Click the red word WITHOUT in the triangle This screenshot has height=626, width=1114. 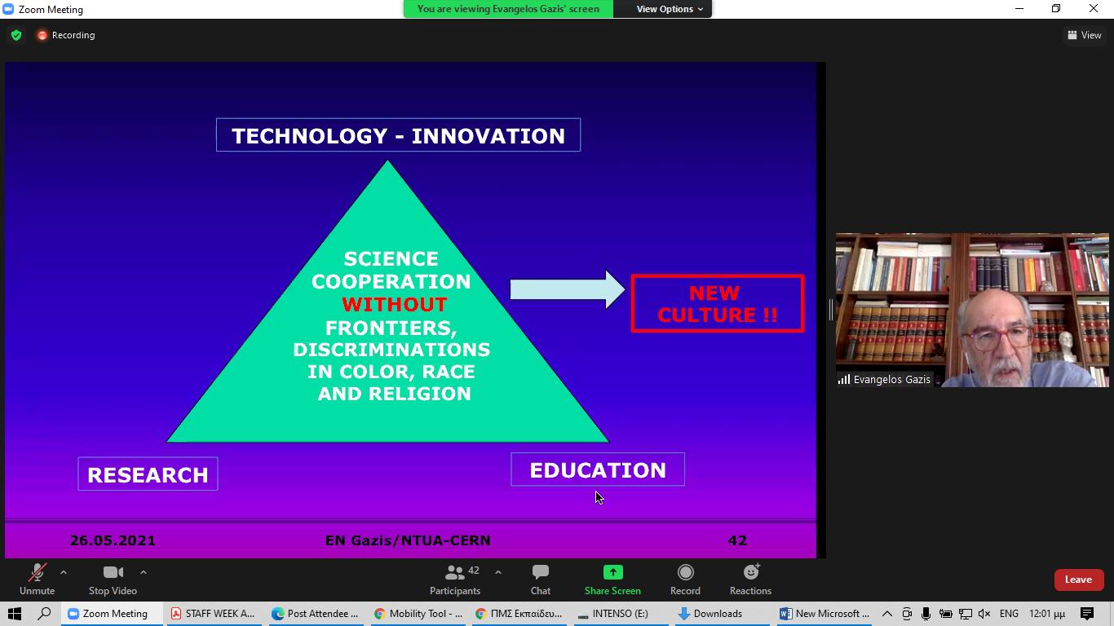395,304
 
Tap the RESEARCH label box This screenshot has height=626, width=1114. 148,474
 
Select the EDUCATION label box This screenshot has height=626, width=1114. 597,469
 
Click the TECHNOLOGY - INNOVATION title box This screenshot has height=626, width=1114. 398,134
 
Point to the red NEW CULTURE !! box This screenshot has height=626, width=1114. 717,303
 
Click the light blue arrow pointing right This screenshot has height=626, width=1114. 568,289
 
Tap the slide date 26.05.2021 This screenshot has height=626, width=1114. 113,540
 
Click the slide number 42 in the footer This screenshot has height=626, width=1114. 737,540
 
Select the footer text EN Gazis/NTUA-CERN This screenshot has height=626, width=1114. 408,540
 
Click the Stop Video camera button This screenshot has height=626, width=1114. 113,580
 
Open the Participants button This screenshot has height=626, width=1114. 455,580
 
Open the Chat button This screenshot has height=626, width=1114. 541,580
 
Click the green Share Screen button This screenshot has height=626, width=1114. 612,580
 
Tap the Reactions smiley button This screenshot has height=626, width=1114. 750,580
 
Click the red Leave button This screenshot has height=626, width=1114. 1078,580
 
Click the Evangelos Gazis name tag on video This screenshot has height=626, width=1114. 884,379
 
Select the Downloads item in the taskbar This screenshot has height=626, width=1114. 710,614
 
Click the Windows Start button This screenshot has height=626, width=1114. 15,614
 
